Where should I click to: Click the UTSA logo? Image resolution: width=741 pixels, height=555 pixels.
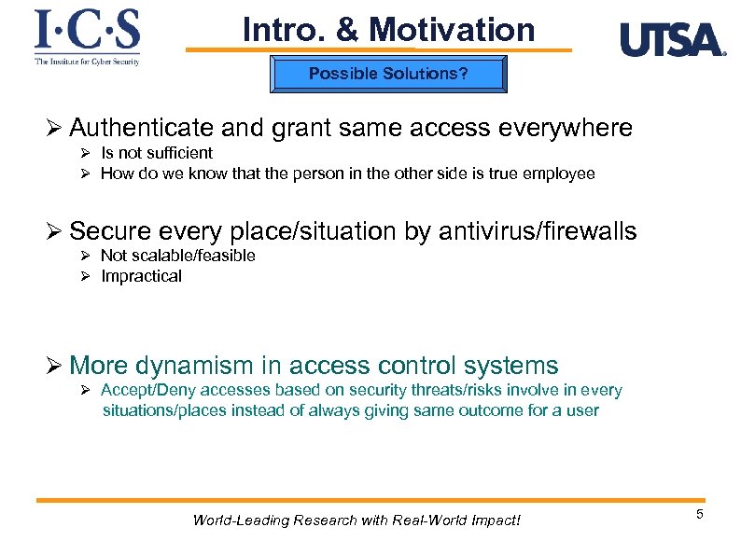coord(672,40)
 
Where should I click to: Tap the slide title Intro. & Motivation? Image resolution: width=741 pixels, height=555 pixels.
coord(388,30)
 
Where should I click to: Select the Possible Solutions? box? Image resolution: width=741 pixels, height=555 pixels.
coord(388,74)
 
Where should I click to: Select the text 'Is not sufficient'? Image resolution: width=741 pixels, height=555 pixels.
coord(157,153)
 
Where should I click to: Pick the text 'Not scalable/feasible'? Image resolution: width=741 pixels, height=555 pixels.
coord(177,256)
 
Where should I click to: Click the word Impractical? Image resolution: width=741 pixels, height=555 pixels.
coord(141,276)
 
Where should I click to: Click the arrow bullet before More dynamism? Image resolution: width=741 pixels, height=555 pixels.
coord(57,366)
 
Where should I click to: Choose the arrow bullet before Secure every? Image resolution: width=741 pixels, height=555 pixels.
coord(57,230)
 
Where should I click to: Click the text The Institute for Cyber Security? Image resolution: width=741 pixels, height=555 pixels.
coord(87,62)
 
